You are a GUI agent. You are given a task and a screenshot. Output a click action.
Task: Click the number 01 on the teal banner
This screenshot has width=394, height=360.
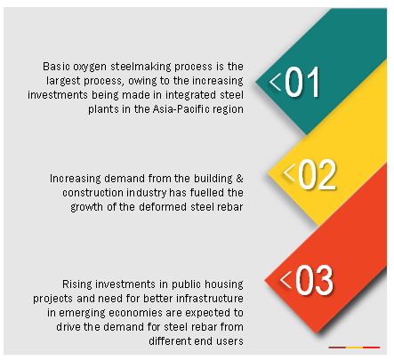pos(302,82)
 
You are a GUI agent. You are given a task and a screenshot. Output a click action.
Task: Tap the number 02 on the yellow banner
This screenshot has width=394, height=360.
pos(318,175)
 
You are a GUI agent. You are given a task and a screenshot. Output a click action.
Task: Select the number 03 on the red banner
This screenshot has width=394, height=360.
pos(315,280)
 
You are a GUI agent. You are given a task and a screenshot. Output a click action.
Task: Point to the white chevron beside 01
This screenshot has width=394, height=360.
pos(275,82)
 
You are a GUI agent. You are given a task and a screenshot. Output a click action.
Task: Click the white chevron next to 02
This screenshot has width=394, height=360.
pos(289,172)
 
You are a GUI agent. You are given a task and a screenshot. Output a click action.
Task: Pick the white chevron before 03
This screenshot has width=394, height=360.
pos(285,279)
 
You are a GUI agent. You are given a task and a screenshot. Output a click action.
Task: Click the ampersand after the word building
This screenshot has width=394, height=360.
pos(239,179)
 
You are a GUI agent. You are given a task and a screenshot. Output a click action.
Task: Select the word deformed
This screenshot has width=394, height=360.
pos(162,206)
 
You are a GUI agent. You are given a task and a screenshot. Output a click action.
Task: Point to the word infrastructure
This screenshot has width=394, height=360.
pos(210,299)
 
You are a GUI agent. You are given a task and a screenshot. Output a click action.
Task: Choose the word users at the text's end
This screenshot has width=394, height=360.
pos(229,341)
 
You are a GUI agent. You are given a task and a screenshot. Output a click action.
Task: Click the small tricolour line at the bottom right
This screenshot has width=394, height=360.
pos(354,348)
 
